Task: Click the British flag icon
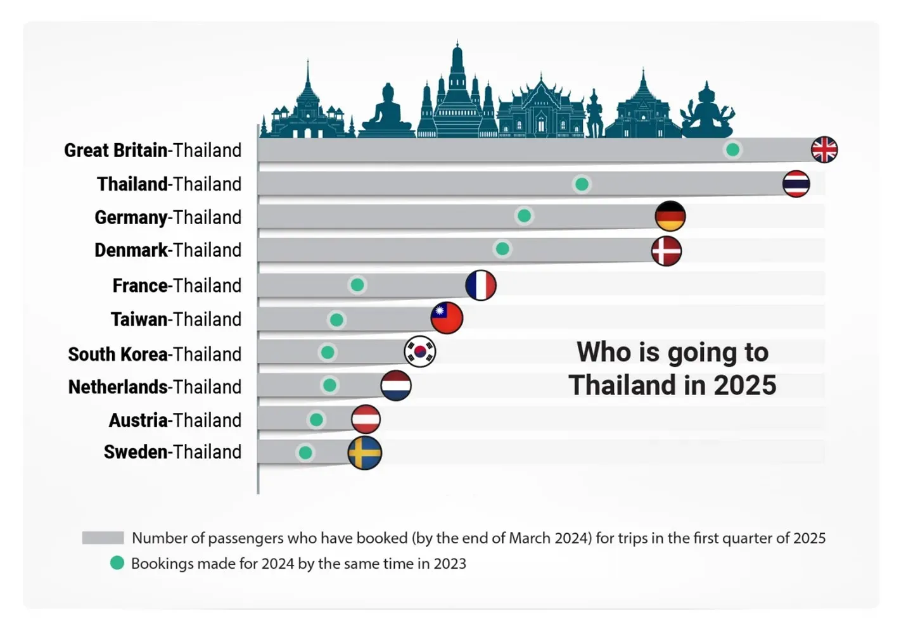click(x=824, y=150)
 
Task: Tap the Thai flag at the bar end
click(x=796, y=184)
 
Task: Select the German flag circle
click(x=670, y=217)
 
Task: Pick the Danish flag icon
click(x=667, y=251)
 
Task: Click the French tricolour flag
click(x=480, y=285)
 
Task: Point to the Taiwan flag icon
click(x=447, y=318)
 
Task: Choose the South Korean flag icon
click(x=420, y=351)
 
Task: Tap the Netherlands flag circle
click(x=396, y=385)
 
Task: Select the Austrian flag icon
click(x=366, y=419)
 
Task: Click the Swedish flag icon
click(x=365, y=453)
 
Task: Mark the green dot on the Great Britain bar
click(x=732, y=150)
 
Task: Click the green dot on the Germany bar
click(x=524, y=216)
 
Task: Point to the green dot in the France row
click(x=357, y=285)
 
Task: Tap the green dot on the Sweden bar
click(x=305, y=453)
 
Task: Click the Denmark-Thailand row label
click(x=168, y=250)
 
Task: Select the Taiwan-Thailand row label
click(x=176, y=319)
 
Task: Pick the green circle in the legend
click(x=117, y=563)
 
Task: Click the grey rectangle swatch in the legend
click(x=103, y=538)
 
